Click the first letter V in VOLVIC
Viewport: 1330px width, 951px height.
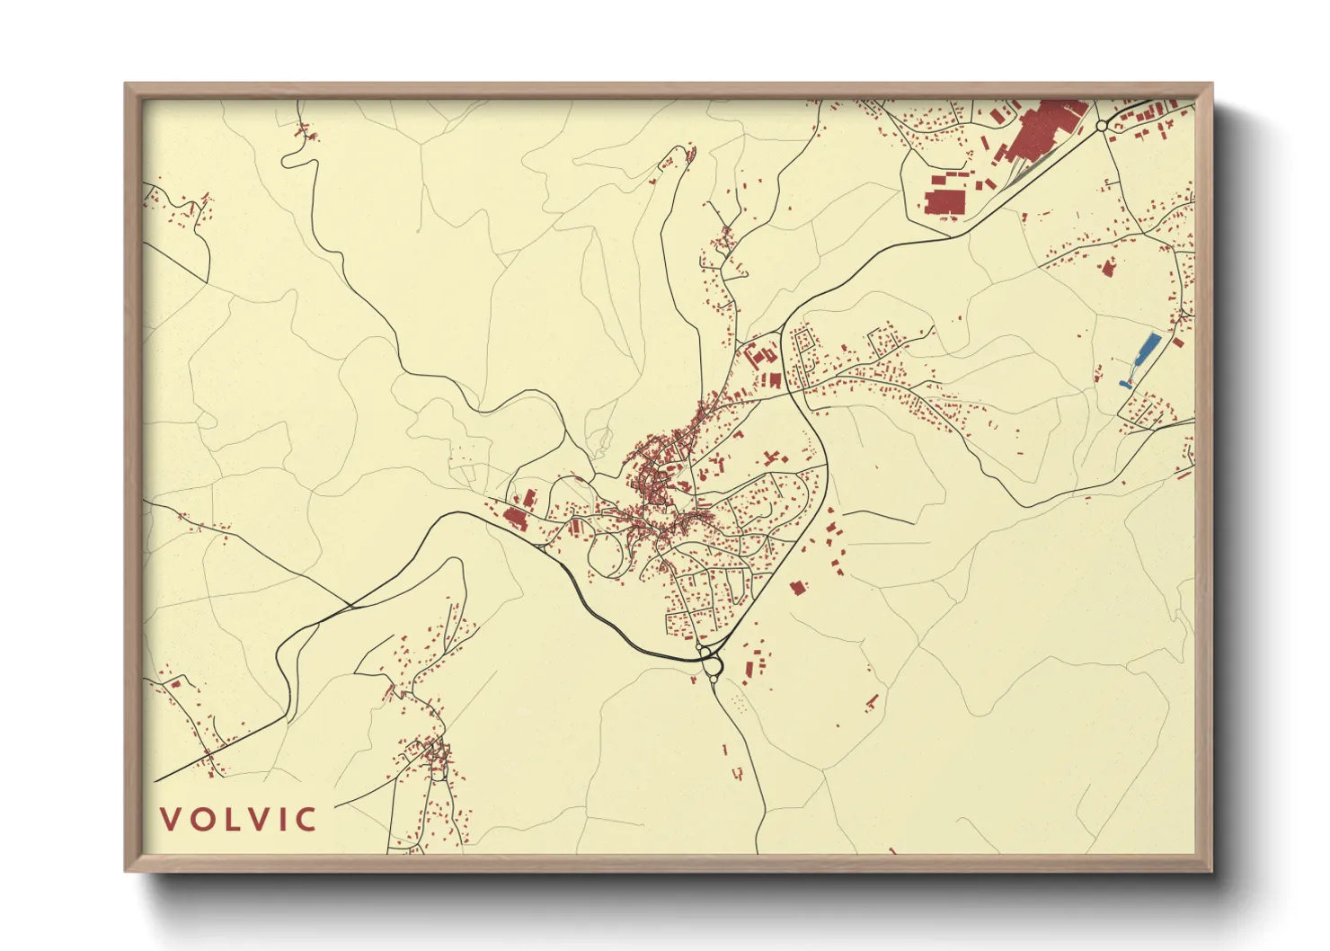(x=169, y=820)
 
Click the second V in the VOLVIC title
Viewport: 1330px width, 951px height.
(x=258, y=820)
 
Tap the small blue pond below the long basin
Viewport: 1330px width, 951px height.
(x=1124, y=384)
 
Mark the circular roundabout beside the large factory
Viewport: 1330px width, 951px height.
(x=1102, y=126)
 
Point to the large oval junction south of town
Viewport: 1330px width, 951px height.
(x=713, y=666)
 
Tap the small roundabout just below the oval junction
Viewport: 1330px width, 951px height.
(x=714, y=681)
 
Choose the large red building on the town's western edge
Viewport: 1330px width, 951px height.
(x=515, y=517)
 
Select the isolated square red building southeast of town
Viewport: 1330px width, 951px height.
(x=796, y=588)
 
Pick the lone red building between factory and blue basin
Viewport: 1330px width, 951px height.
(x=1108, y=267)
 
